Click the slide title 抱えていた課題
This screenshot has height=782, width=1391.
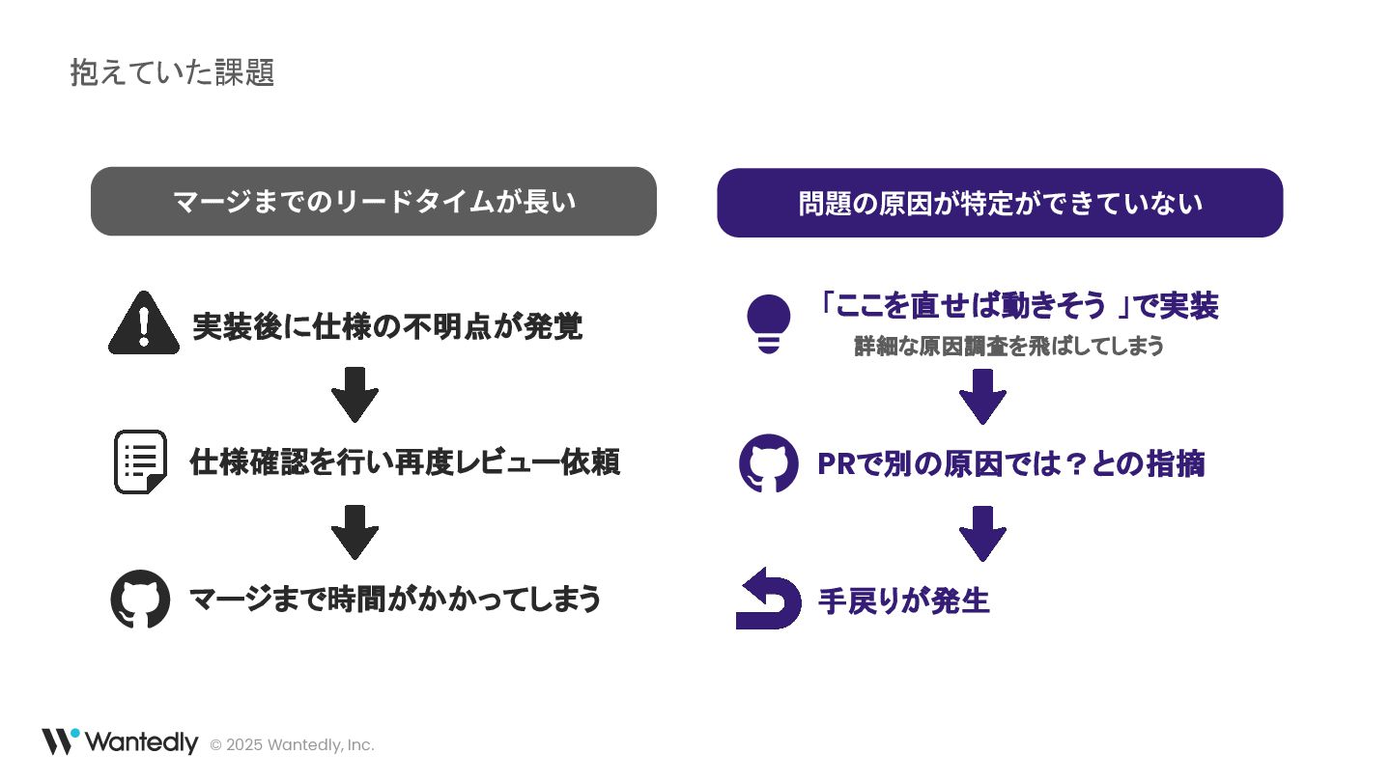(172, 72)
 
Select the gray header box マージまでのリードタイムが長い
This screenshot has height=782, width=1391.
(374, 202)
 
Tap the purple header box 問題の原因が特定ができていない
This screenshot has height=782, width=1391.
(1000, 203)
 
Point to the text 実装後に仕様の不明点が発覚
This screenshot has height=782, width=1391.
(387, 326)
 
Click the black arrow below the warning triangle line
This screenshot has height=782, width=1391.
(355, 394)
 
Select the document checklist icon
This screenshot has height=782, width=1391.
(141, 461)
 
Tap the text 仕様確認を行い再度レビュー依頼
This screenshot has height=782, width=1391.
(405, 462)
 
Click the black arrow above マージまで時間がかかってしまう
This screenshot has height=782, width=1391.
(355, 531)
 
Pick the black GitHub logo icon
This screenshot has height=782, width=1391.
(141, 600)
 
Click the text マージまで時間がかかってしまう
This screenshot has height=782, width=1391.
(395, 600)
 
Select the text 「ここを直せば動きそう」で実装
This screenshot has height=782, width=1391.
(1017, 306)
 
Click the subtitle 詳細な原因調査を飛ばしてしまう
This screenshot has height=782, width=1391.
(1008, 346)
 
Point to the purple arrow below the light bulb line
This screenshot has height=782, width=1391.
(982, 396)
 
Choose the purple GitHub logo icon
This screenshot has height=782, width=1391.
(769, 463)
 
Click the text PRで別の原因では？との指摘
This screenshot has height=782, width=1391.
(1010, 464)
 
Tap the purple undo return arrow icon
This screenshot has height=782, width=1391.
(769, 600)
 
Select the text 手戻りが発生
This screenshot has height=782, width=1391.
(904, 601)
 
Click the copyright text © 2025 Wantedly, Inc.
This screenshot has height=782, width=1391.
(292, 745)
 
